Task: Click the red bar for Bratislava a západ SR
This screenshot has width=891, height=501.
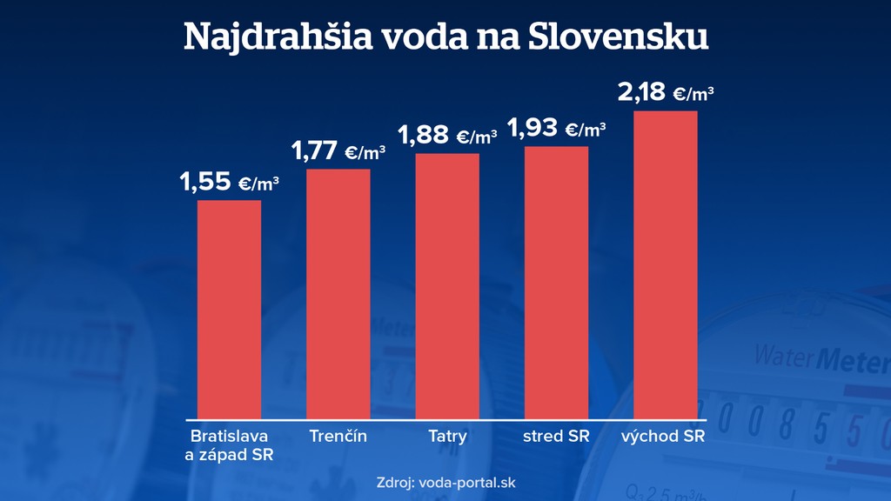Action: click(x=229, y=309)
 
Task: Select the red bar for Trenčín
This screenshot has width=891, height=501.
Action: click(x=338, y=293)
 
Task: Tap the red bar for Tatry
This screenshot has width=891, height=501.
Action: click(x=447, y=285)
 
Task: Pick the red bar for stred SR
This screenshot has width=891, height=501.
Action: click(x=557, y=282)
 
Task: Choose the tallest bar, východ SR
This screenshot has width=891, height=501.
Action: click(x=666, y=264)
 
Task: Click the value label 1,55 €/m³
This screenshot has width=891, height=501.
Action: click(x=229, y=182)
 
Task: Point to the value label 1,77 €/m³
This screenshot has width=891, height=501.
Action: click(x=338, y=150)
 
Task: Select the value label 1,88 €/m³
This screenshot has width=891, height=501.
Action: click(x=447, y=135)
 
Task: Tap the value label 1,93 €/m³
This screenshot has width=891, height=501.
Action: click(x=557, y=129)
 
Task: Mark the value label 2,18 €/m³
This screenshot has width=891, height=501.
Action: click(x=666, y=92)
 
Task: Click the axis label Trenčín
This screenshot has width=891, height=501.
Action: click(x=338, y=436)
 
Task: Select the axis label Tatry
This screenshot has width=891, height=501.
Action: click(x=447, y=436)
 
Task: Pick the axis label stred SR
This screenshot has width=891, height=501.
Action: click(x=557, y=436)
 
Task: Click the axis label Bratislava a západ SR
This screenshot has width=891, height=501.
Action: click(x=229, y=444)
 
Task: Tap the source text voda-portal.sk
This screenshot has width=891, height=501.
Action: click(x=473, y=482)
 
